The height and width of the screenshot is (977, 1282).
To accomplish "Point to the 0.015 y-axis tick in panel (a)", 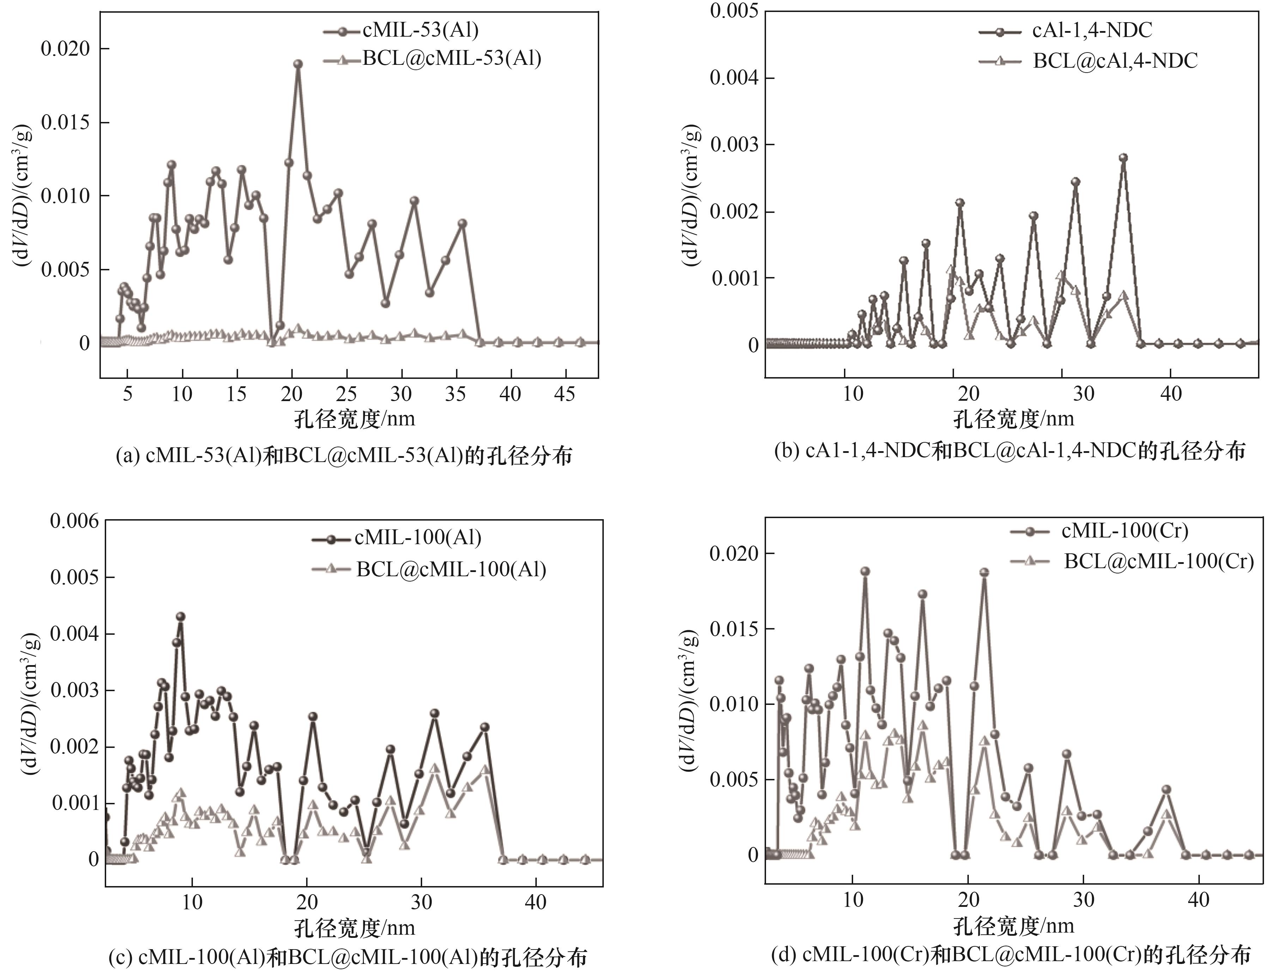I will tap(66, 123).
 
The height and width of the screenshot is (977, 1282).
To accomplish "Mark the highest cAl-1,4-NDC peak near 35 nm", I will tap(1124, 158).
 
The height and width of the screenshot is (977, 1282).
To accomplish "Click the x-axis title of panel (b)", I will tap(1013, 419).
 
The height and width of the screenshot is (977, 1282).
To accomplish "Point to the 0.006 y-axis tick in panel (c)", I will tap(74, 521).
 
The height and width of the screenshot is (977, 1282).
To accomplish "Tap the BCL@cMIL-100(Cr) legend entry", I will tap(1159, 561).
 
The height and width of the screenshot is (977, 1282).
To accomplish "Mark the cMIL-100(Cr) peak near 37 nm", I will tap(1166, 790).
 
